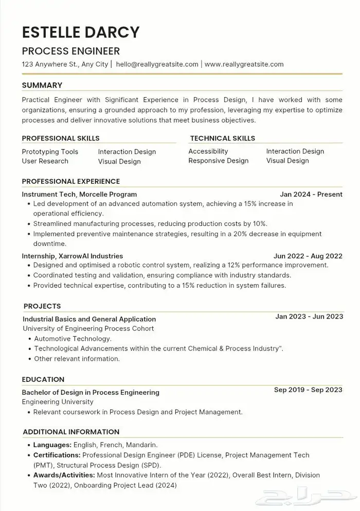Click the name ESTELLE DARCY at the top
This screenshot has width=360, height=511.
(81, 32)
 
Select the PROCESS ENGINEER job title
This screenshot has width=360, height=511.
(70, 51)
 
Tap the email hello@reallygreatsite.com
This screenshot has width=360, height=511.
(157, 64)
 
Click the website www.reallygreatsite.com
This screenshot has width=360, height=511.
(244, 64)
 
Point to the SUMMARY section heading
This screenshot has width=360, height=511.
(42, 85)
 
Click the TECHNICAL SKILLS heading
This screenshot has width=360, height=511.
(222, 138)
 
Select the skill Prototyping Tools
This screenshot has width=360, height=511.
(50, 152)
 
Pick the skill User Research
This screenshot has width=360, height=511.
(45, 161)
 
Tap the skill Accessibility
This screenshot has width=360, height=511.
(208, 151)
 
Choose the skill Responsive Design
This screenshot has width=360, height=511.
(218, 161)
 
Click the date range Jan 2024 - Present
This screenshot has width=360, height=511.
(311, 195)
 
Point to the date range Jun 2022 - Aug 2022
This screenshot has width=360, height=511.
(308, 256)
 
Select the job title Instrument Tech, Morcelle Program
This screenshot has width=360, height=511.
(79, 195)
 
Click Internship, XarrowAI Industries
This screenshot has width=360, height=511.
(73, 256)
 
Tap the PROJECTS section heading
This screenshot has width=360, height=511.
(42, 306)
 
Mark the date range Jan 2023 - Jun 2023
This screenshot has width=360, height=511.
(309, 316)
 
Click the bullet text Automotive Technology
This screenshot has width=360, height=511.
(73, 339)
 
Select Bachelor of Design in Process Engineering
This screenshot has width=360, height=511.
(91, 392)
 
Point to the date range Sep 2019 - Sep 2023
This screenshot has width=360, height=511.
(308, 390)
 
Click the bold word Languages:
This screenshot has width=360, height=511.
(52, 445)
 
